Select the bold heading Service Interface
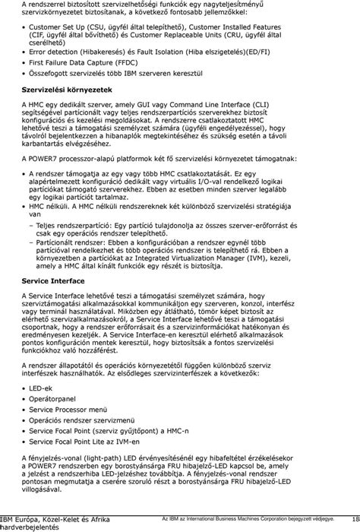coord(48,301)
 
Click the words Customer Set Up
coord(61,26)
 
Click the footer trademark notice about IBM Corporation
coord(248,519)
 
